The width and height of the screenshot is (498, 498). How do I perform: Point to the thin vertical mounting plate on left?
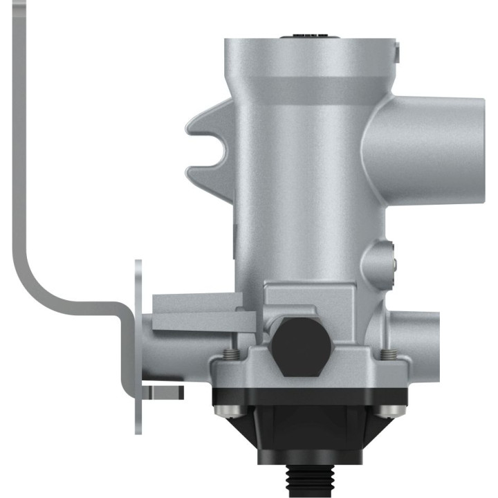point(138,346)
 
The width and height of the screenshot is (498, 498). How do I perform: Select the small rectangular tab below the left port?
point(165,393)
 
